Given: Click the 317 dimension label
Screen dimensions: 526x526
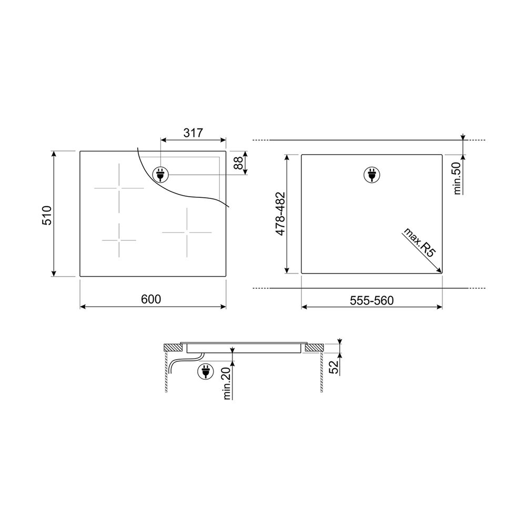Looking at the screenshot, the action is click(x=193, y=133).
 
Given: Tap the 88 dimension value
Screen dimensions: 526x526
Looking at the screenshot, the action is click(x=238, y=163).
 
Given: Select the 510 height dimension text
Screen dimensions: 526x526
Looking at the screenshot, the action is click(x=47, y=215).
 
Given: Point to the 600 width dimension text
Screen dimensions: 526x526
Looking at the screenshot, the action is click(x=151, y=299).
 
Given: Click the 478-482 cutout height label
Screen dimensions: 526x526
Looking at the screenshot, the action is click(x=280, y=214).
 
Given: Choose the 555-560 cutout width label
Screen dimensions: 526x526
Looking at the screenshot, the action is click(x=372, y=300).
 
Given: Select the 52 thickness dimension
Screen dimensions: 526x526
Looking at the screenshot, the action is click(x=334, y=367).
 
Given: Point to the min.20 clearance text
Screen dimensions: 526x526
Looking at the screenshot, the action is click(x=227, y=383).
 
